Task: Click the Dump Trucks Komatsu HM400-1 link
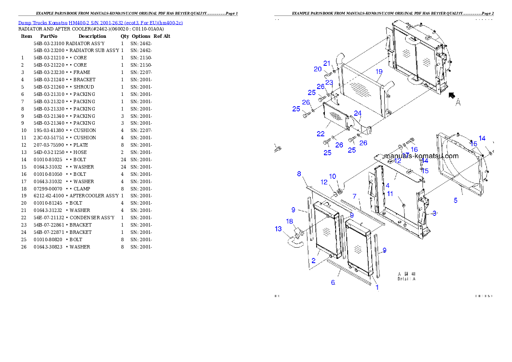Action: coord(100,22)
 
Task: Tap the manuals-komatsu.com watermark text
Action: coord(421,156)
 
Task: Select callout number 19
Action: coord(379,71)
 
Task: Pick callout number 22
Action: coord(321,134)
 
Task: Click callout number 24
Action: coord(358,113)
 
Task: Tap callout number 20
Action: coord(318,69)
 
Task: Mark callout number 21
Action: coord(327,64)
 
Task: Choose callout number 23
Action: coord(329,83)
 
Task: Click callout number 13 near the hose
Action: coord(278,229)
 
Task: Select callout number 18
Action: coord(290,221)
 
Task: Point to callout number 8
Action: coord(299,174)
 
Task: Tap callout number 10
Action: coord(333,176)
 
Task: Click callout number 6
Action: coord(333,282)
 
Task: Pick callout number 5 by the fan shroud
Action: coord(455,200)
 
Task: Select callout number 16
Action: coord(414,149)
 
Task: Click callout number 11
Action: coord(390,194)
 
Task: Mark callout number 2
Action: coord(314,261)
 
